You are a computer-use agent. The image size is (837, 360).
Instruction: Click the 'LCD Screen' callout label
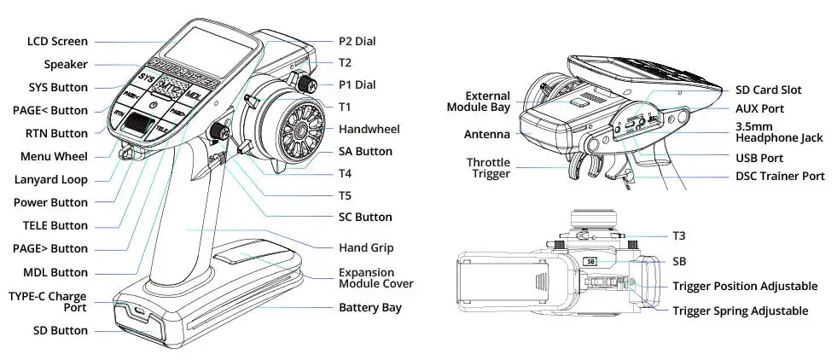[x=56, y=41]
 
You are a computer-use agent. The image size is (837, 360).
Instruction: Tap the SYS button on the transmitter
[x=147, y=78]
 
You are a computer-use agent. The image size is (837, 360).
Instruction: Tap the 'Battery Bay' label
[x=369, y=307]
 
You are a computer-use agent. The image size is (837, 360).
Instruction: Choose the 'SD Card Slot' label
[x=768, y=90]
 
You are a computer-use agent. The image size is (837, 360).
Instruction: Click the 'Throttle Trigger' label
[x=488, y=167]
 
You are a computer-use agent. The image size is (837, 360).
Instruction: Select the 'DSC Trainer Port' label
[x=780, y=176]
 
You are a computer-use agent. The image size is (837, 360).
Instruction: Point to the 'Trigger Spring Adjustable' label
[x=740, y=311]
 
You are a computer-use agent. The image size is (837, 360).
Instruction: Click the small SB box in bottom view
[x=590, y=263]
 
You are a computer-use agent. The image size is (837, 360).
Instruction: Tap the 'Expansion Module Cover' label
[x=375, y=278]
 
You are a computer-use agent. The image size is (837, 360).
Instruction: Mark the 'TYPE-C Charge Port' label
[x=48, y=302]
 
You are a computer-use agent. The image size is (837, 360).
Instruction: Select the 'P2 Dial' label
[x=357, y=40]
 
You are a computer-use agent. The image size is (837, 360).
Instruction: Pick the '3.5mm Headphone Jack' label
[x=779, y=132]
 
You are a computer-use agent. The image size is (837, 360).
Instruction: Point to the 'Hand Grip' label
[x=364, y=247]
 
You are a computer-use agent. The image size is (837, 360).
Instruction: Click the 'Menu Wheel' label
[x=54, y=156]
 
